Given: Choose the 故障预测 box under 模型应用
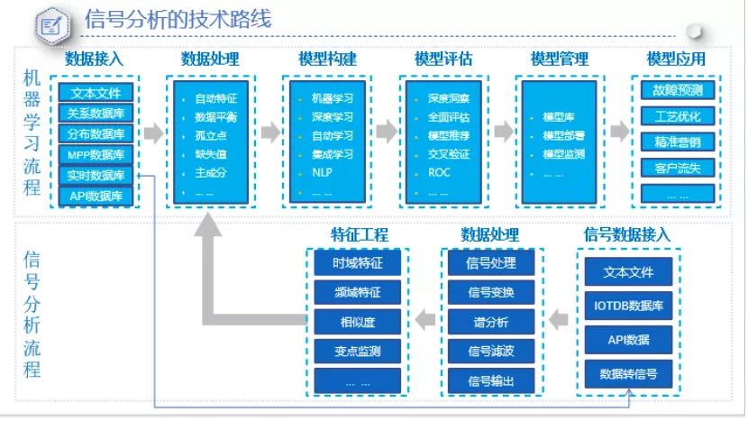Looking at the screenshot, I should point(677,90).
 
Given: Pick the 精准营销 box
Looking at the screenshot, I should point(677,142).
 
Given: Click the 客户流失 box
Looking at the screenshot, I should point(677,167).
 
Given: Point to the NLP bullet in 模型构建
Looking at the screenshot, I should point(322,171).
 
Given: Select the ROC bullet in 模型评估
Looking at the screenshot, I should point(439,171).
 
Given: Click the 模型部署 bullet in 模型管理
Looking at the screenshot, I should point(563,136).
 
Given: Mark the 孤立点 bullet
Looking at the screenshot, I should point(210,135).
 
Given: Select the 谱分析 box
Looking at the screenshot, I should point(490,321).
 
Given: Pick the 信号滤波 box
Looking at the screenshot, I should point(490,351).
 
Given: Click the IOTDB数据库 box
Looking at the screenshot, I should point(629,307).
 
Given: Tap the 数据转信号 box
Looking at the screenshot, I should point(629,373).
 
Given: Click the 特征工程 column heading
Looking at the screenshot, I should point(359,235).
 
